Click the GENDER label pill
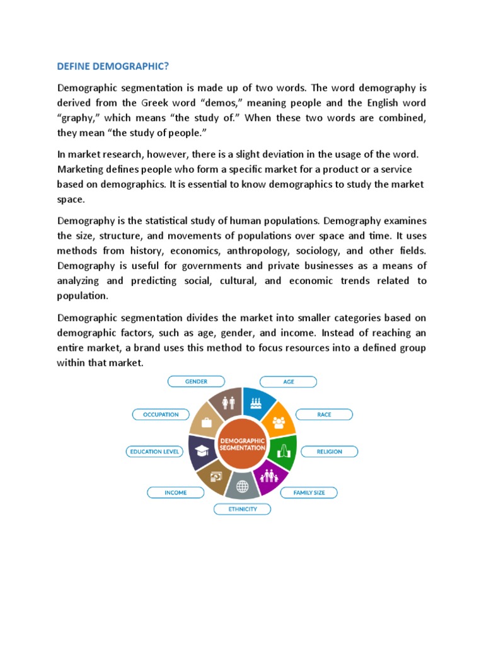pos(196,382)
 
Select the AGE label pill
pos(289,382)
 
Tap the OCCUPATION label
pos(161,414)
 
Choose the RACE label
pos(324,414)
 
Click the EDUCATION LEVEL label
pos(154,452)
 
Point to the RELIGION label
pos(330,452)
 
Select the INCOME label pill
pos(175,492)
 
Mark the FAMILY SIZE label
pos(309,492)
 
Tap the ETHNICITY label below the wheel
pos(243,509)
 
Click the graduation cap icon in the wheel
pos(202,450)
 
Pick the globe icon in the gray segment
pos(242,486)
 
